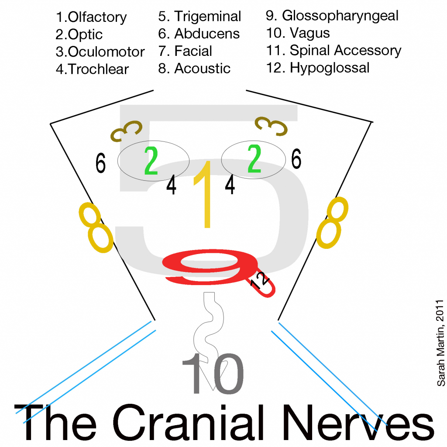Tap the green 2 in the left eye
tap(151, 161)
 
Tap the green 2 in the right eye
tap(254, 160)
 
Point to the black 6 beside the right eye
tap(296, 160)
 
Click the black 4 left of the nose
tap(172, 186)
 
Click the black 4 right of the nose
tap(230, 184)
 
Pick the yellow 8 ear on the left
tap(96, 227)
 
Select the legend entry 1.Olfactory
tap(91, 17)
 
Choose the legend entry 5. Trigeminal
tap(199, 17)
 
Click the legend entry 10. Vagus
tap(298, 33)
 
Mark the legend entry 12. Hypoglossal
tap(318, 68)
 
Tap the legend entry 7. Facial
tap(185, 51)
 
